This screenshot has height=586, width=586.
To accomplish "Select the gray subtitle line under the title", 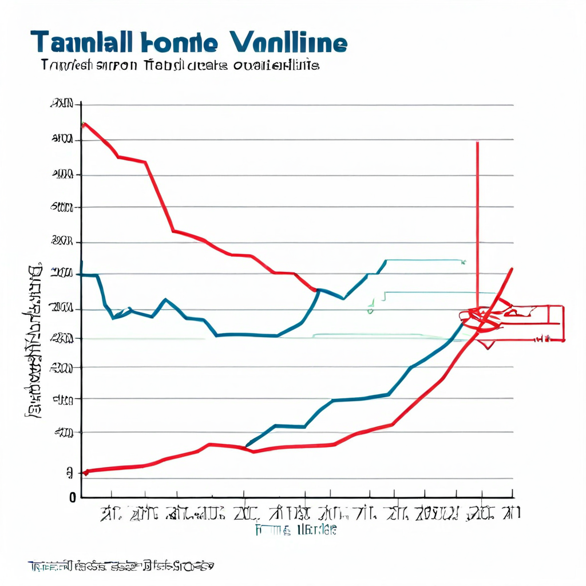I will (x=180, y=65).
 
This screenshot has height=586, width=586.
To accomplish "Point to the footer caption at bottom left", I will (x=121, y=567).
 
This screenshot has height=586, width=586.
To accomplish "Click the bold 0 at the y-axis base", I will (x=73, y=497).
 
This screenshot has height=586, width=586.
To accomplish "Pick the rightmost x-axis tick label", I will (x=511, y=513).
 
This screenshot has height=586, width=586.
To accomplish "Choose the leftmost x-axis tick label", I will (x=111, y=513).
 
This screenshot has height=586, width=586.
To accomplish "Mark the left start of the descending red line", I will (x=84, y=124).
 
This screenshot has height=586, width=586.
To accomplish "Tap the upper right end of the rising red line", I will (x=512, y=268).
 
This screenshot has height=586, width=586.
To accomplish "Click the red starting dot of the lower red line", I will (x=86, y=472).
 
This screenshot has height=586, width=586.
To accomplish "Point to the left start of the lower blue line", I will (x=247, y=445).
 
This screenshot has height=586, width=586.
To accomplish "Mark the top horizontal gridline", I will (x=298, y=106).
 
